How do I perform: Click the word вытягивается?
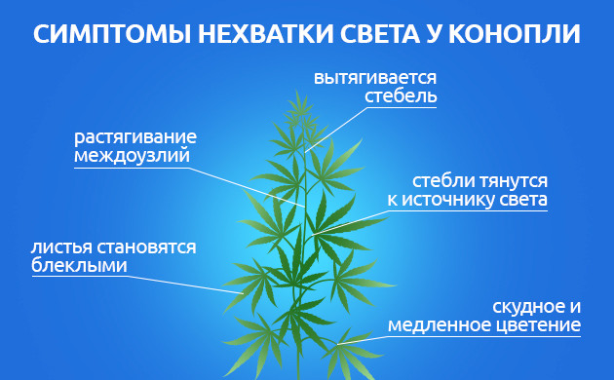tap(375, 78)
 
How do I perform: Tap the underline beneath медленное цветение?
tap(484, 337)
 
